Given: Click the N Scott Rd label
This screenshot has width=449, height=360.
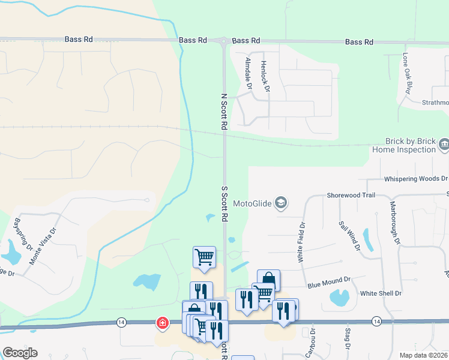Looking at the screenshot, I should [x=224, y=112].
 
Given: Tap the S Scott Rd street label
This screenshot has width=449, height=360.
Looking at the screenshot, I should [x=224, y=204].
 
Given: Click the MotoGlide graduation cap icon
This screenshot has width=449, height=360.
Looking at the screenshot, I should [x=280, y=203].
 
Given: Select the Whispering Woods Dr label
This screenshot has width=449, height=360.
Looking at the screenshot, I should [x=415, y=179].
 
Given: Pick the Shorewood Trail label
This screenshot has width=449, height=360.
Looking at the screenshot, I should [x=351, y=195].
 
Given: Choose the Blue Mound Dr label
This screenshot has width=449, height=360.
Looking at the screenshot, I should [x=328, y=280].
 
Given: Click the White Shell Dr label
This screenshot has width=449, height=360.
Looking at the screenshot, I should [x=381, y=293].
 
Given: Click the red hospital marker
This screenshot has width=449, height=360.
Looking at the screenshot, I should [x=162, y=323].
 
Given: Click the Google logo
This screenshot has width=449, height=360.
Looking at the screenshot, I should [x=20, y=353].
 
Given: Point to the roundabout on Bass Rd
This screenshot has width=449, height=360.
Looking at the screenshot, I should [x=224, y=41].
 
